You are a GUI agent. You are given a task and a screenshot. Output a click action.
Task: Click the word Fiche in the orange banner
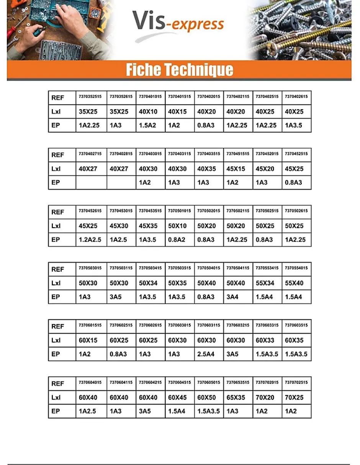tap(144, 70)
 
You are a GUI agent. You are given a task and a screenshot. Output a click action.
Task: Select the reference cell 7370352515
tap(90, 97)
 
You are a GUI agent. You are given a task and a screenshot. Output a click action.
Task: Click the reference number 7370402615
tap(296, 97)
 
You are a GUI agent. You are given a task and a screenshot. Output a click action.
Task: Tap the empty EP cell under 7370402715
tap(91, 182)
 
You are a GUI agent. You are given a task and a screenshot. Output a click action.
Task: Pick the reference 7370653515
tap(238, 382)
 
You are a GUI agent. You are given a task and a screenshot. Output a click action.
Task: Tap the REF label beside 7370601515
tap(58, 326)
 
